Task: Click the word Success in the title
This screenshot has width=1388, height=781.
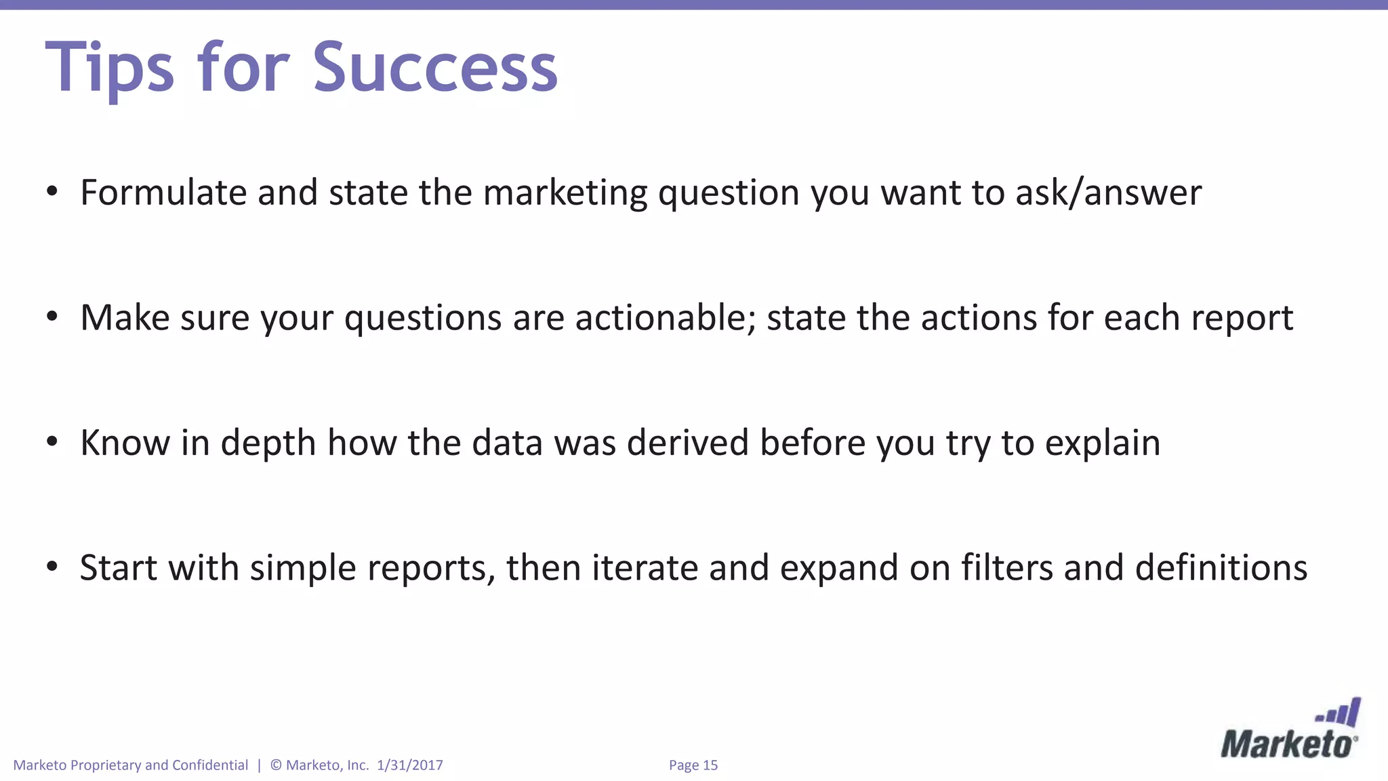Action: (x=435, y=68)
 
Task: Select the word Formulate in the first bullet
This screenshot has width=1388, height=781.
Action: (x=163, y=193)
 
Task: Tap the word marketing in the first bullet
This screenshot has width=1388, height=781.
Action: (x=565, y=194)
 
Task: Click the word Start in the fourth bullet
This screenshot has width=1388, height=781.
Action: (x=119, y=568)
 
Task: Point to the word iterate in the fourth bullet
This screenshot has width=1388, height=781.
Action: (x=645, y=568)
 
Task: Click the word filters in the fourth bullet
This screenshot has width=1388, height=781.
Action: (x=1007, y=568)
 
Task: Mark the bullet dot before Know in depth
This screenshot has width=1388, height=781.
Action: (x=52, y=442)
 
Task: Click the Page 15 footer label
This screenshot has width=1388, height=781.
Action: (x=693, y=765)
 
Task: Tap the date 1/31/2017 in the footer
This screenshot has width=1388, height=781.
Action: (x=410, y=765)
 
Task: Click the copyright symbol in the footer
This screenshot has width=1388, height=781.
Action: (x=276, y=765)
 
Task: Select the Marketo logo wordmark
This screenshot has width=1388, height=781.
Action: (x=1288, y=744)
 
